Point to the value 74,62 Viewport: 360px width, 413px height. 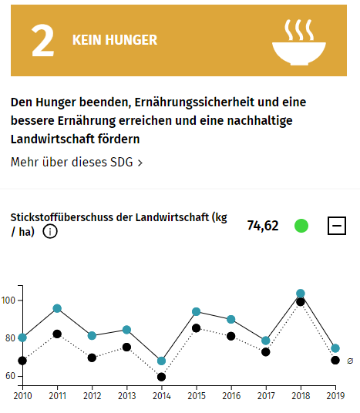tap(263, 226)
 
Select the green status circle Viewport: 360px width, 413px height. tap(301, 226)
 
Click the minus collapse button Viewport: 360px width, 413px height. tap(337, 226)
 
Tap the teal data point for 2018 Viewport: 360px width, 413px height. tap(301, 294)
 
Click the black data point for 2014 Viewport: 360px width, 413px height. tap(161, 377)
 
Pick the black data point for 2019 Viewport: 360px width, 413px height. tap(335, 360)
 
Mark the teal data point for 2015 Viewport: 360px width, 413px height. tap(197, 311)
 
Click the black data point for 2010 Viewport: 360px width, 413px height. tap(22, 360)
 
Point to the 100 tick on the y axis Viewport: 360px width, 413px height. tap(8, 300)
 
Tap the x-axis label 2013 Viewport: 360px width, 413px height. tap(126, 395)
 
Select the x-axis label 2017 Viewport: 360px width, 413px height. tap(265, 395)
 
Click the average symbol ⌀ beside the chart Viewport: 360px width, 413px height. tap(350, 360)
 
